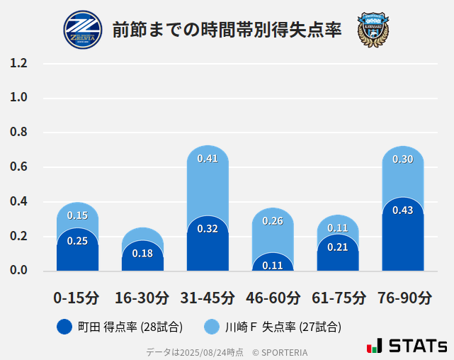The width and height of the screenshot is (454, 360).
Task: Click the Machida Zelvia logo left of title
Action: click(x=83, y=30)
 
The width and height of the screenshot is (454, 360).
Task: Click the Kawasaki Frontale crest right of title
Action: click(x=373, y=30)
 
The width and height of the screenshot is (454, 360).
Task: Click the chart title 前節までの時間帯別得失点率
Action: click(x=227, y=30)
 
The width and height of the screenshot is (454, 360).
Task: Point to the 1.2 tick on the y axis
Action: click(x=18, y=64)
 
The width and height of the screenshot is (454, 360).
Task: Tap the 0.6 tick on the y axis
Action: click(x=18, y=167)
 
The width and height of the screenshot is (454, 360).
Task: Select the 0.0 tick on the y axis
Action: click(x=18, y=271)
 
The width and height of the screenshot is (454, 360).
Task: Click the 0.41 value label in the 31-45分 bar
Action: click(x=208, y=159)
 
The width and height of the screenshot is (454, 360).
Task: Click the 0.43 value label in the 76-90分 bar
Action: click(x=402, y=210)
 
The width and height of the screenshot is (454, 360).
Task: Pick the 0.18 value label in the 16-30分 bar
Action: click(x=142, y=253)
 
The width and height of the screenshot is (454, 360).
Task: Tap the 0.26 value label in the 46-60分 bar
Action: click(x=273, y=221)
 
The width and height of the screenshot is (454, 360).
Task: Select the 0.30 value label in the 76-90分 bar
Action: click(x=402, y=159)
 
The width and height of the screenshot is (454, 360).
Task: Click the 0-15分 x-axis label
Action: click(x=77, y=298)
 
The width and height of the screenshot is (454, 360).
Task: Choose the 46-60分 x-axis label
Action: click(x=273, y=298)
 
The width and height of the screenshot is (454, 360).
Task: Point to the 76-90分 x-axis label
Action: click(x=403, y=298)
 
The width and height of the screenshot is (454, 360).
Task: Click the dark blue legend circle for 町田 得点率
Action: click(x=64, y=327)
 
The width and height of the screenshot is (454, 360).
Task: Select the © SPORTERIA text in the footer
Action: click(x=280, y=352)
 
